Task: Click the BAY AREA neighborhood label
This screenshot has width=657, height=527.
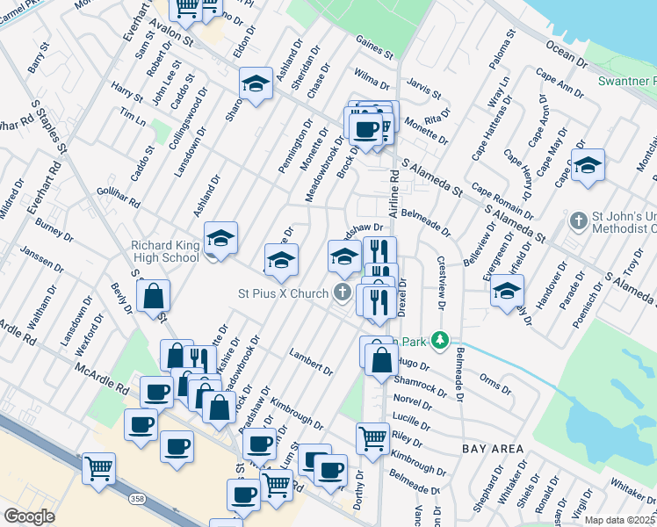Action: pyautogui.click(x=488, y=448)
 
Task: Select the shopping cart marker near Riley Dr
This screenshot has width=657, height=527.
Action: pyautogui.click(x=372, y=437)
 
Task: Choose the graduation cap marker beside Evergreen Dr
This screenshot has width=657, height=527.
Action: pyautogui.click(x=506, y=289)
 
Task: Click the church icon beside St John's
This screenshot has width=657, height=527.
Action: pyautogui.click(x=578, y=220)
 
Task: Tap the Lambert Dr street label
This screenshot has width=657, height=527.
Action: pyautogui.click(x=312, y=363)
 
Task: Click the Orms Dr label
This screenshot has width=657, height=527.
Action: pyautogui.click(x=490, y=385)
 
